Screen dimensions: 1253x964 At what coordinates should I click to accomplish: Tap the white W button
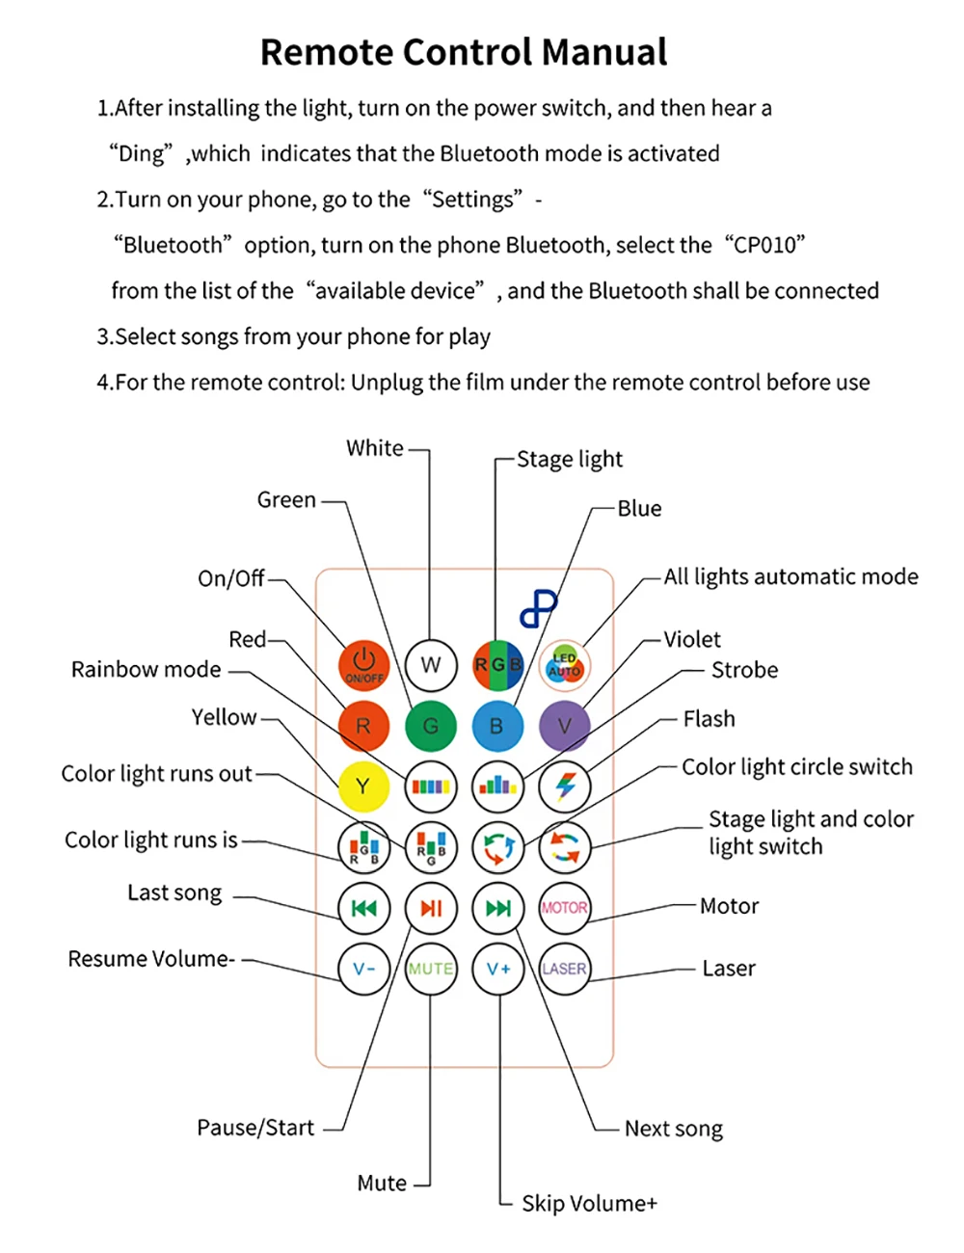tap(431, 665)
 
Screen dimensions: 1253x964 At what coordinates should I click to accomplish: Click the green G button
tap(431, 726)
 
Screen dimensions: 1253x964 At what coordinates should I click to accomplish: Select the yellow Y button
tap(363, 786)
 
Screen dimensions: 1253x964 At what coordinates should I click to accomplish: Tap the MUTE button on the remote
tap(431, 969)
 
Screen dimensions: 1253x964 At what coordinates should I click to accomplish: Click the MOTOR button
tap(564, 908)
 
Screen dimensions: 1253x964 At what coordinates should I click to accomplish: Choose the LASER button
tap(564, 969)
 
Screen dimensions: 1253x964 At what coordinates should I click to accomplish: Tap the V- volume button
tap(363, 969)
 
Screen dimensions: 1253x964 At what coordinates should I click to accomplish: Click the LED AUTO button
tap(564, 665)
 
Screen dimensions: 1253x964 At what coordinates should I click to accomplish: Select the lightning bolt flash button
tap(564, 786)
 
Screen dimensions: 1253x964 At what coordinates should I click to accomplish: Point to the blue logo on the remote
tap(538, 608)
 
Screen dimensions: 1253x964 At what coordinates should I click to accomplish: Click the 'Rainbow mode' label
tap(147, 670)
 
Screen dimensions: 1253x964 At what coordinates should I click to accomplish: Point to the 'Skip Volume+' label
tap(589, 1204)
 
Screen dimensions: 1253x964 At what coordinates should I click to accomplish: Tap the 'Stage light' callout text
tap(570, 460)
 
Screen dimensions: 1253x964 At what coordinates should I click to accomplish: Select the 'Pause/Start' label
tap(255, 1128)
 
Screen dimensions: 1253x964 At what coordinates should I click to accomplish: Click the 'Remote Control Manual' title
tap(464, 52)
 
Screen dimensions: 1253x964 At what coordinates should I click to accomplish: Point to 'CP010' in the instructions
tap(765, 245)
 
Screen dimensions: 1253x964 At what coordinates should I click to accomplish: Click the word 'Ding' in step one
tap(141, 153)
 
